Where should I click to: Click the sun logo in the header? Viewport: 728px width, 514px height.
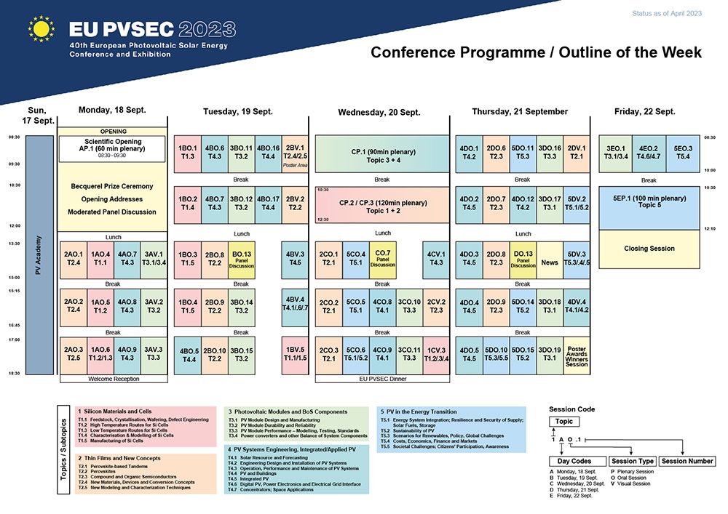pyautogui.click(x=41, y=30)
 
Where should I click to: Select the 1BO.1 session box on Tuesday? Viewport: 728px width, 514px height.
pyautogui.click(x=187, y=153)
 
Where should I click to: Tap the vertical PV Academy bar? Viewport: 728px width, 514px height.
pyautogui.click(x=39, y=254)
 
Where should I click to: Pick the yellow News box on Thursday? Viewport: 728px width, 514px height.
pyautogui.click(x=550, y=259)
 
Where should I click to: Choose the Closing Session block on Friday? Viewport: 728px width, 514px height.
pyautogui.click(x=649, y=249)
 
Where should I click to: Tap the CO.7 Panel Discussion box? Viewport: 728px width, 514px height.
pyautogui.click(x=382, y=259)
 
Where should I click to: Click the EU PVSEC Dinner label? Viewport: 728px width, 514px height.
pyautogui.click(x=382, y=379)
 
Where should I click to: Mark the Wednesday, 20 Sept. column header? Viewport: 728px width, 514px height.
pyautogui.click(x=379, y=113)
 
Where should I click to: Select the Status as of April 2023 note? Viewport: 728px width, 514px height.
pyautogui.click(x=667, y=13)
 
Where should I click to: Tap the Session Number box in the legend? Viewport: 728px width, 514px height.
pyautogui.click(x=687, y=461)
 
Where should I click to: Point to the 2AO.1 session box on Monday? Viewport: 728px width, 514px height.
pyautogui.click(x=74, y=259)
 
